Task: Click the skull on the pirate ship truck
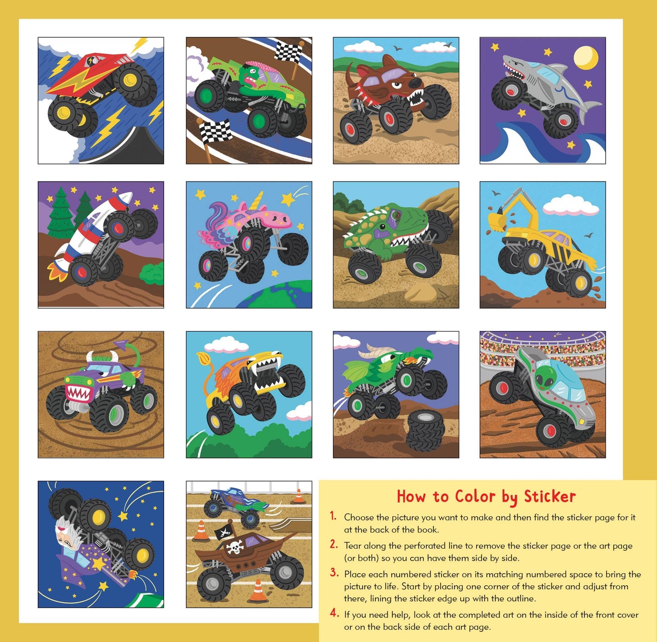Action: tap(235, 547)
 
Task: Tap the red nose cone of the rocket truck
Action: tap(129, 197)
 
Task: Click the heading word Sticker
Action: tap(550, 496)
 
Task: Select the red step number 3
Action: tap(334, 573)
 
